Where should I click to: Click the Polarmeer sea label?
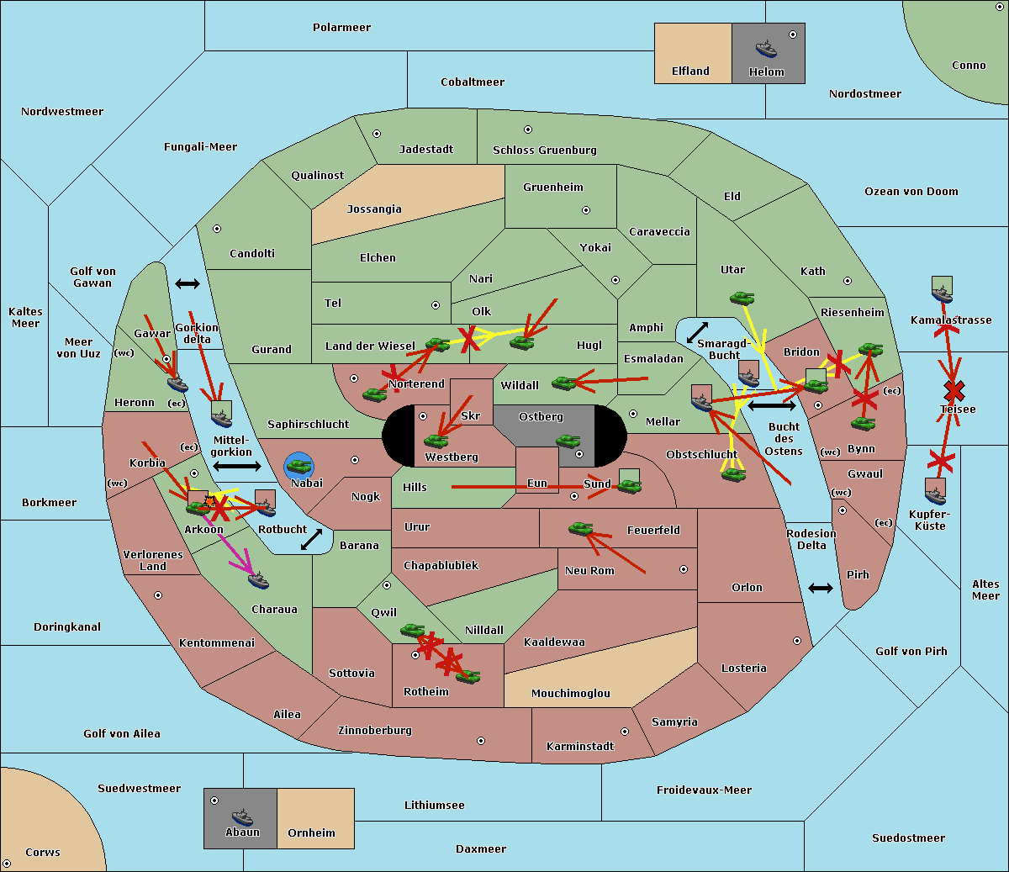point(341,28)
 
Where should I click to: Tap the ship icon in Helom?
point(766,49)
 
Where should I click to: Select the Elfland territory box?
point(692,53)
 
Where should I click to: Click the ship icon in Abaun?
point(242,817)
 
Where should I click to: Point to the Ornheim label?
point(311,833)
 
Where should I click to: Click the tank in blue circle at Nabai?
point(298,466)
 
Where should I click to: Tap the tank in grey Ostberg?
point(568,441)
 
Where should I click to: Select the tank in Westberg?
point(436,441)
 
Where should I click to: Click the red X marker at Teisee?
point(954,390)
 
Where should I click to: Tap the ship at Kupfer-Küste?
point(935,493)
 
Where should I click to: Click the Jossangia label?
point(374,209)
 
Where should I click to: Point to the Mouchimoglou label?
point(571,694)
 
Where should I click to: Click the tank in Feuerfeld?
point(580,529)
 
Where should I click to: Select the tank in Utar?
point(742,298)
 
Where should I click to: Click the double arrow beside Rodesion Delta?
point(821,588)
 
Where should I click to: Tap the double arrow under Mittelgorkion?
point(237,466)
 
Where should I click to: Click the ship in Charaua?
point(258,580)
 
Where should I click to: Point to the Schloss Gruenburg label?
point(544,151)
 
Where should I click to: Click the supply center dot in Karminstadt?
point(625,732)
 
